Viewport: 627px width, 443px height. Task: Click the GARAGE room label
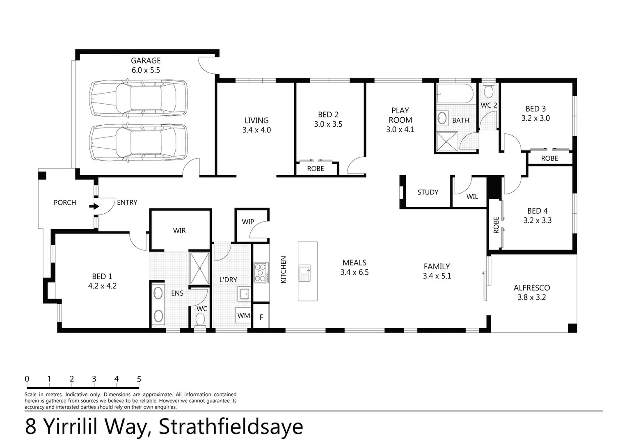[146, 60]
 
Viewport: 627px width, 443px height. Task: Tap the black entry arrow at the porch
[94, 206]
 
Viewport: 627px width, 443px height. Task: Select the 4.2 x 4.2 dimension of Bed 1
[102, 286]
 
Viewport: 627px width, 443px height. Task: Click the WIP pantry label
[248, 222]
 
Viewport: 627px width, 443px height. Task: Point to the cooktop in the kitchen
[261, 273]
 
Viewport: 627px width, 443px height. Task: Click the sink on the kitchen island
[304, 273]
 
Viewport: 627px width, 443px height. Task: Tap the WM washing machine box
[243, 315]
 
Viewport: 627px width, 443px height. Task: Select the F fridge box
[261, 317]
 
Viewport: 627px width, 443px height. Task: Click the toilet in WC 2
[488, 91]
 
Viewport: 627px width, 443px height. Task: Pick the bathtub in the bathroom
[455, 94]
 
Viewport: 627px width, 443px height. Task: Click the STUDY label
[428, 192]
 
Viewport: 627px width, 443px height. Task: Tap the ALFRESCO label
[531, 288]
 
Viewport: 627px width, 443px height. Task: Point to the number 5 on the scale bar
[139, 379]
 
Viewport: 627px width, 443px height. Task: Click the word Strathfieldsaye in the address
[231, 427]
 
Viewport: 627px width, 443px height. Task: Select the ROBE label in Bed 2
[316, 169]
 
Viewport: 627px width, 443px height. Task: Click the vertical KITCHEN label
[284, 269]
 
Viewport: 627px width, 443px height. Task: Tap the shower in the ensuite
[200, 268]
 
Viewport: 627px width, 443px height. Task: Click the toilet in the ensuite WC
[200, 320]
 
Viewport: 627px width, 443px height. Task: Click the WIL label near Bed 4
[472, 197]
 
